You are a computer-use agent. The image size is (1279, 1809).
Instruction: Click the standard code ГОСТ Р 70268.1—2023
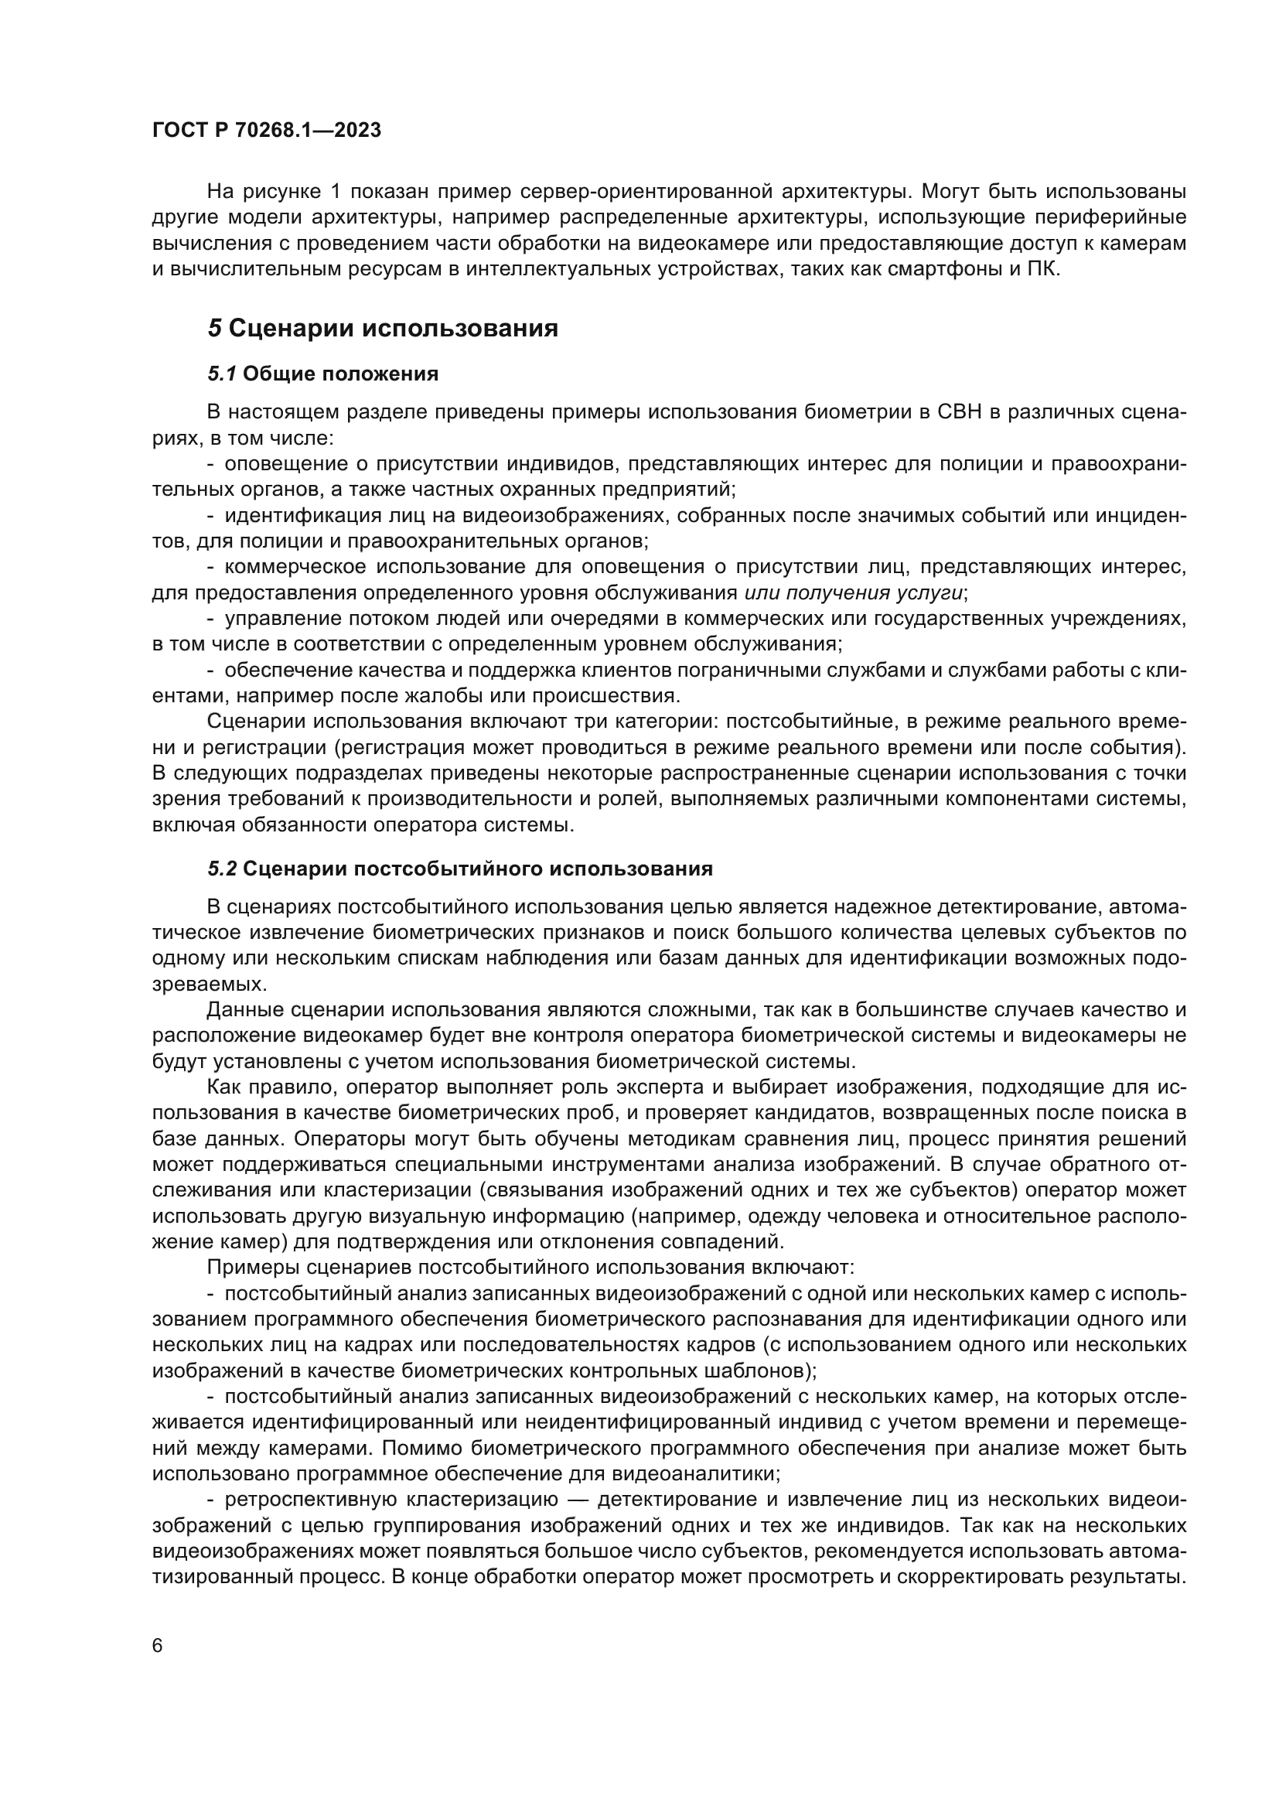pyautogui.click(x=266, y=130)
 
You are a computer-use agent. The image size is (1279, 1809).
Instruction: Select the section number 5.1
pyautogui.click(x=222, y=374)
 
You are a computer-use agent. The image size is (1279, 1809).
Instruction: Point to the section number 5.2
pyautogui.click(x=222, y=869)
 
